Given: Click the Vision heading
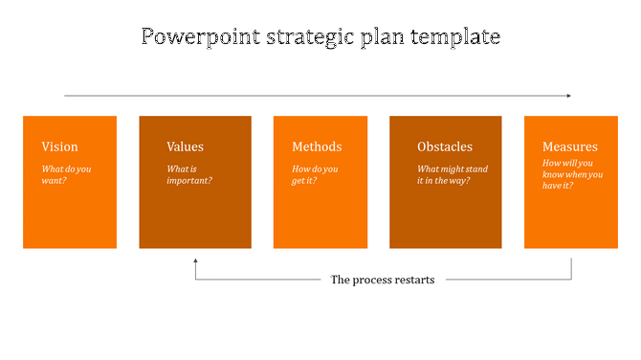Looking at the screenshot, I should point(59,146).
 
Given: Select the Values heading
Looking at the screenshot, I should point(185,146).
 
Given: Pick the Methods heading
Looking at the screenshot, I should point(317,146).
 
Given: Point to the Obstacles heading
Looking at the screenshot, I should point(445,146).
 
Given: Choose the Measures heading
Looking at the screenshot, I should point(569,146).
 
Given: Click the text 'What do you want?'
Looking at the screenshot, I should point(66,174).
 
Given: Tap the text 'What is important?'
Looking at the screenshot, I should point(189,174).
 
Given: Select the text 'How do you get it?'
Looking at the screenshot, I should point(316,174).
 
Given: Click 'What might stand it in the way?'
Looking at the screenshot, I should point(452,174).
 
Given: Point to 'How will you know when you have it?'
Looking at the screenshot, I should point(572,174).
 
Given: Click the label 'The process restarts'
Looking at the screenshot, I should point(383,280).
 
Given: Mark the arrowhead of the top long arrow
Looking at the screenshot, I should point(568,96).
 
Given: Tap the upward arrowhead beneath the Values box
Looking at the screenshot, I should point(195,259).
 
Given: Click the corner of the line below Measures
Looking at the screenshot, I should point(571,280).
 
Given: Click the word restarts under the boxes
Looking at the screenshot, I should point(412,280).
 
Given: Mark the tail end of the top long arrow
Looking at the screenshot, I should point(65,96).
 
